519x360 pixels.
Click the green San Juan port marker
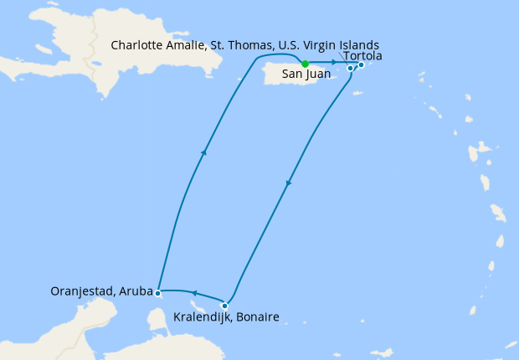coord(306,64)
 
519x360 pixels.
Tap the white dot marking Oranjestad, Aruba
coord(158,293)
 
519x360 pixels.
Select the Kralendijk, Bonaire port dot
coord(224,306)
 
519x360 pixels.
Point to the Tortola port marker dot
coord(361,64)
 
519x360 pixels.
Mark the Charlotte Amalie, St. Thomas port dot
coord(351,68)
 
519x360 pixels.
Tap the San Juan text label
coord(306,74)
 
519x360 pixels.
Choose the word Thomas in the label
coord(253,44)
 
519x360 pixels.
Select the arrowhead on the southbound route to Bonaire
coord(288,183)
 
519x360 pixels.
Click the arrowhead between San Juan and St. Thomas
coord(333,63)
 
